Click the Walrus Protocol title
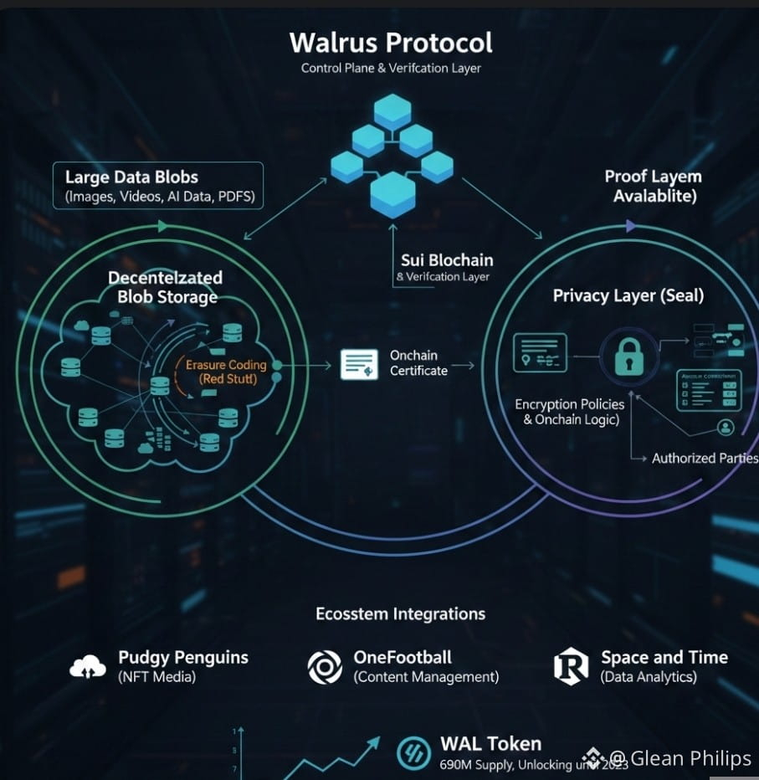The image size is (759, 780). pyautogui.click(x=391, y=42)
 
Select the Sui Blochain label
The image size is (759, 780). pyautogui.click(x=447, y=260)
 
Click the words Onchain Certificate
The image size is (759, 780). pyautogui.click(x=418, y=362)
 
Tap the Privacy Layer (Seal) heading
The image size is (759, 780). pyautogui.click(x=628, y=295)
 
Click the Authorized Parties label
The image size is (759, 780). pyautogui.click(x=705, y=458)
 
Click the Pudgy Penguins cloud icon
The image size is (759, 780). pyautogui.click(x=88, y=666)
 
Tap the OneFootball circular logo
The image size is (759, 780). pyautogui.click(x=325, y=667)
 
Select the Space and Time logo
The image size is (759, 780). pyautogui.click(x=571, y=666)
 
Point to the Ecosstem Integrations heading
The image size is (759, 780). pyautogui.click(x=400, y=613)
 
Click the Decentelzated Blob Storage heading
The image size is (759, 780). pyautogui.click(x=166, y=287)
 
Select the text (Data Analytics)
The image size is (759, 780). pyautogui.click(x=648, y=676)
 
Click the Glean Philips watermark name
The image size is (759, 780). pyautogui.click(x=690, y=758)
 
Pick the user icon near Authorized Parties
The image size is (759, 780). pyautogui.click(x=726, y=427)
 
